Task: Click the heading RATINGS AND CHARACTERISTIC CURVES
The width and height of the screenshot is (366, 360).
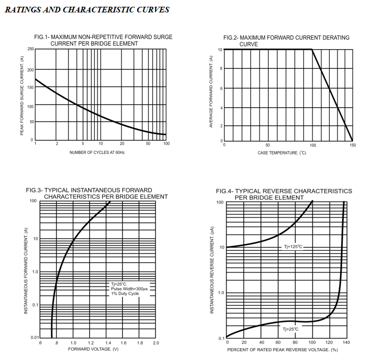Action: pyautogui.click(x=87, y=10)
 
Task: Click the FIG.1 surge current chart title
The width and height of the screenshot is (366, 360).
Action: pyautogui.click(x=103, y=40)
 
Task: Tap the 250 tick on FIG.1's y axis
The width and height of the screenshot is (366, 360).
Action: pyautogui.click(x=31, y=49)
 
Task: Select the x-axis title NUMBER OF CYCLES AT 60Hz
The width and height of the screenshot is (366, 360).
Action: pyautogui.click(x=97, y=152)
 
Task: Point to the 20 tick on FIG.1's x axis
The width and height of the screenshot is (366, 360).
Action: pyautogui.click(x=122, y=143)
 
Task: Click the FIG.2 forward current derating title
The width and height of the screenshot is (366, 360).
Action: pyautogui.click(x=286, y=41)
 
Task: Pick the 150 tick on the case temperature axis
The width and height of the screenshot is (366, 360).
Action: pyautogui.click(x=353, y=145)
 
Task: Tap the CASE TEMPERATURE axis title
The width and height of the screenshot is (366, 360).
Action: pyautogui.click(x=289, y=153)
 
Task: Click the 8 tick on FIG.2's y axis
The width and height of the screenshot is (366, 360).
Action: pyautogui.click(x=221, y=69)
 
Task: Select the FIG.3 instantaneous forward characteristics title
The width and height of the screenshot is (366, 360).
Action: pyautogui.click(x=97, y=193)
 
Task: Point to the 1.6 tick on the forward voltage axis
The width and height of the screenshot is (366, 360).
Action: pyautogui.click(x=123, y=343)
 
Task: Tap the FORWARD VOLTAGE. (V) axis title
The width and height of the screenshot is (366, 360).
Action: pyautogui.click(x=93, y=349)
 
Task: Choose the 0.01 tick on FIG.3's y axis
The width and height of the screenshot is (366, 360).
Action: pyautogui.click(x=35, y=338)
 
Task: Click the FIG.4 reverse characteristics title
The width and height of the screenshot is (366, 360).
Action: pyautogui.click(x=286, y=194)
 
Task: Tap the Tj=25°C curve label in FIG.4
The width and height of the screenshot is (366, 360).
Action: pyautogui.click(x=291, y=329)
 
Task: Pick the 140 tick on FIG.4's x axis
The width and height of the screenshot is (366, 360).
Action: pyautogui.click(x=346, y=342)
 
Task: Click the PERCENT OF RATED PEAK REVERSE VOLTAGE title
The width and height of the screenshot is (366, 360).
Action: pyautogui.click(x=286, y=350)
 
